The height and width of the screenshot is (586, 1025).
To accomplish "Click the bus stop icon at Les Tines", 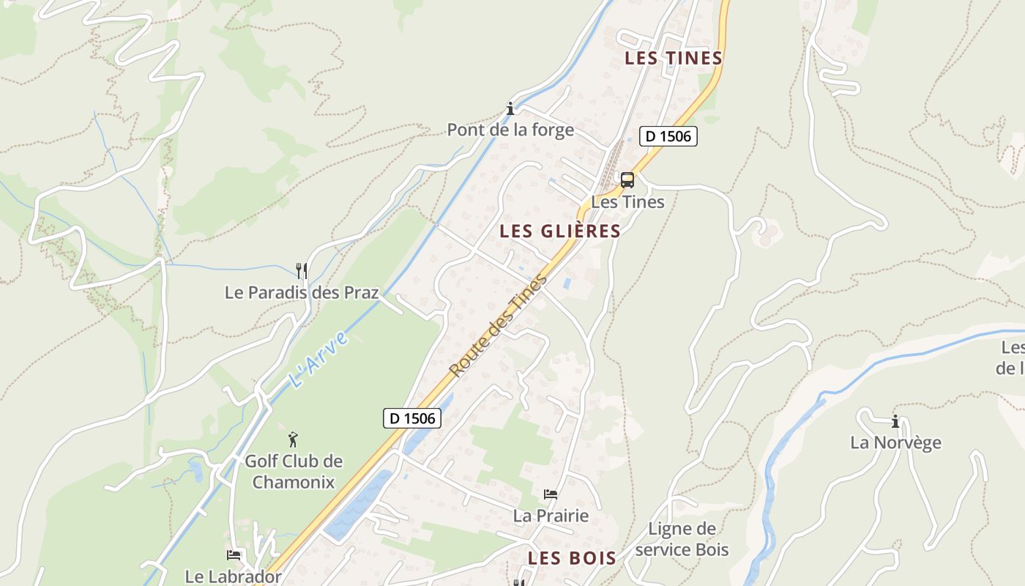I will [627, 179].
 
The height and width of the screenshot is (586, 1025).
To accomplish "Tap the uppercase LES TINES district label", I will [674, 58].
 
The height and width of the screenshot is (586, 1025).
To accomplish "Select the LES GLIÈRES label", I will [560, 231].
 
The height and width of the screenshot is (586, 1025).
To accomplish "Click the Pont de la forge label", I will [510, 130].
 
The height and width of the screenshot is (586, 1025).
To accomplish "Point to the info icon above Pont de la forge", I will [510, 109].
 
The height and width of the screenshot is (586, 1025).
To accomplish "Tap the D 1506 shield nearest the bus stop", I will [668, 136].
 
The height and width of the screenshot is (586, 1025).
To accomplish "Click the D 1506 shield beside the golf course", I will [412, 418].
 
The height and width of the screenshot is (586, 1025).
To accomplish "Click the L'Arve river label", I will [317, 360].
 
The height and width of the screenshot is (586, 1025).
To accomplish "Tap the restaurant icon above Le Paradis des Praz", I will [301, 271].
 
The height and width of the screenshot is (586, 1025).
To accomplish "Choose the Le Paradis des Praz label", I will [302, 293].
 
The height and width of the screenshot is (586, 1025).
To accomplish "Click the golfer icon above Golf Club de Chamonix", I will [293, 439].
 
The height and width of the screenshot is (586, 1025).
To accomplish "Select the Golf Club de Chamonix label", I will [294, 472].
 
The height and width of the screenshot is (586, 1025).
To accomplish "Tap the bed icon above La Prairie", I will [551, 494].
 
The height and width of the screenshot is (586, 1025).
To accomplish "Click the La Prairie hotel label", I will [551, 516].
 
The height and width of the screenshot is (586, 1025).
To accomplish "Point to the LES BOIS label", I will [573, 558].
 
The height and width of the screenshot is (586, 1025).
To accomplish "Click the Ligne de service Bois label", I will [682, 539].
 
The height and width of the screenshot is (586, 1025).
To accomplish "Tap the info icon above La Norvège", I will [895, 421].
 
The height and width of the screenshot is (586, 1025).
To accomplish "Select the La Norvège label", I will [895, 442].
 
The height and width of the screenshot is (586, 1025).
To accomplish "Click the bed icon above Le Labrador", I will [234, 555].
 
